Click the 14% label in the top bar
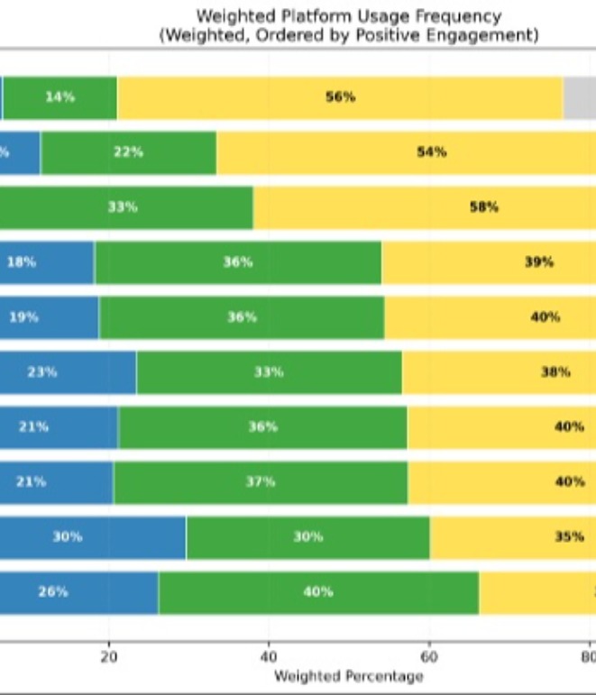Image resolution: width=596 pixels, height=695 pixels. (x=60, y=97)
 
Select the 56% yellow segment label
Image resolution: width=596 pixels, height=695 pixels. (x=340, y=97)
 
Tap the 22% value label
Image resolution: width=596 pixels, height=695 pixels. (x=128, y=152)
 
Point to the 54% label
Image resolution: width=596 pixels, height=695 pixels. (x=431, y=152)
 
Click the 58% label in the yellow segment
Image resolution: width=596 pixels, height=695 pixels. (x=483, y=207)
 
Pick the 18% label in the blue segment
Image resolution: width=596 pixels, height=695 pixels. (x=22, y=262)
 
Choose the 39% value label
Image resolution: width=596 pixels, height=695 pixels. (x=539, y=262)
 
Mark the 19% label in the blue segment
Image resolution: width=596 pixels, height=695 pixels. (x=23, y=317)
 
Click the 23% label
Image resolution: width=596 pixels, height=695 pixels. (x=41, y=371)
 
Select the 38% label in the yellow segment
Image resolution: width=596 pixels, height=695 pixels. (x=555, y=371)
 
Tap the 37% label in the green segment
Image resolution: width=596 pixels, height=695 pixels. (x=260, y=481)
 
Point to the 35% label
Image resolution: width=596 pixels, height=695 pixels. (x=569, y=536)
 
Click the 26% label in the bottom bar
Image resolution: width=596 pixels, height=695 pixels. (x=52, y=592)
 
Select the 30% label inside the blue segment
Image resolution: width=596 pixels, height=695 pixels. (x=67, y=536)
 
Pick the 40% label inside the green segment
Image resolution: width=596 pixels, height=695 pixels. (x=317, y=592)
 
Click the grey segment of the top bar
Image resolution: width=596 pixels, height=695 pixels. (x=579, y=97)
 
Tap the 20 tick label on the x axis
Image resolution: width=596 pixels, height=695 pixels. (x=109, y=656)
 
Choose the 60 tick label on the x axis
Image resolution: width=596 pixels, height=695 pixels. (x=429, y=656)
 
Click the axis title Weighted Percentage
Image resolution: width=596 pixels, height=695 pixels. (x=348, y=676)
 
